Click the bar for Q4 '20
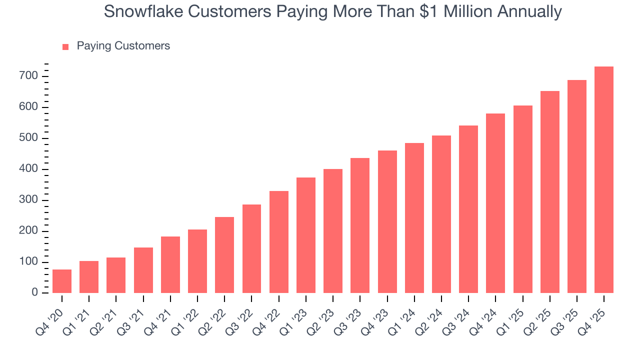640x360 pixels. point(62,281)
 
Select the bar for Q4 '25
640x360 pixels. point(603,180)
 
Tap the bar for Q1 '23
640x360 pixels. point(305,235)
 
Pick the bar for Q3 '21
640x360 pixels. point(143,270)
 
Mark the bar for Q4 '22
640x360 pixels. point(278,242)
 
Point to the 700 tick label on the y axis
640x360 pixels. point(28,76)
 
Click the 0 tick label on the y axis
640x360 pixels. point(34,292)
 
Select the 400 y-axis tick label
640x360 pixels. point(28,169)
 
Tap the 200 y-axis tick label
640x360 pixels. point(28,231)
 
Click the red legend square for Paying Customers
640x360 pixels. point(65,47)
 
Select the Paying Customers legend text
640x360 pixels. point(123,46)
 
